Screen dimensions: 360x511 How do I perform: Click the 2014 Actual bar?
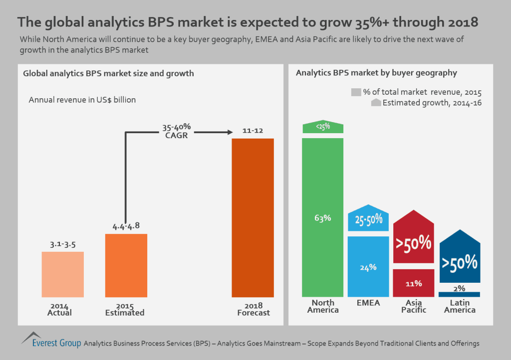(x=62, y=274)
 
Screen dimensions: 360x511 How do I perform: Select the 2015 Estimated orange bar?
(x=126, y=265)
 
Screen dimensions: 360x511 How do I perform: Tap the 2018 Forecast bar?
(x=253, y=218)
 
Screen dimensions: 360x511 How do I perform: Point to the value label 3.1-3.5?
(x=62, y=245)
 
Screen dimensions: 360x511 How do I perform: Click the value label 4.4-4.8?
(x=126, y=225)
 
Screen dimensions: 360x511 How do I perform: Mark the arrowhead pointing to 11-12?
(x=230, y=132)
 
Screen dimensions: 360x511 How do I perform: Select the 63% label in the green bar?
(x=323, y=217)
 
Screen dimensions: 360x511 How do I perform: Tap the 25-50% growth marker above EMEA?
(x=368, y=219)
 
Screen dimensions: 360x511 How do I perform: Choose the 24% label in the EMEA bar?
(x=368, y=267)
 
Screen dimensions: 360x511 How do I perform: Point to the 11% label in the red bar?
(x=413, y=283)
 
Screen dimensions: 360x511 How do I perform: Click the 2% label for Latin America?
(x=459, y=288)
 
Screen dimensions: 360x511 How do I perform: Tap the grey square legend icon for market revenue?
(x=356, y=92)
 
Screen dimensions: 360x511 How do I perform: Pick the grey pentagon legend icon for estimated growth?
(x=376, y=103)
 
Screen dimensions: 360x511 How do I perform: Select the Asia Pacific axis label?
(x=414, y=306)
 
